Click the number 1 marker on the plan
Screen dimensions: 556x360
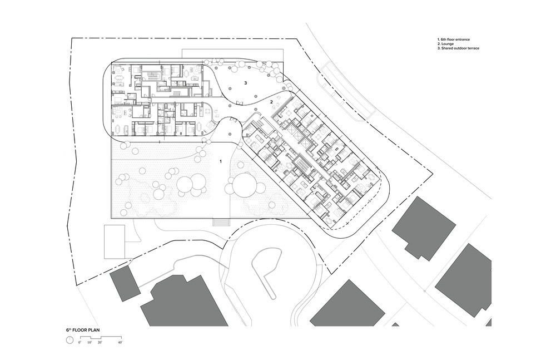click(221, 161)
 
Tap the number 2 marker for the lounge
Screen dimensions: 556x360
click(271, 102)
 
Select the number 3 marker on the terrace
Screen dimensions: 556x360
click(245, 83)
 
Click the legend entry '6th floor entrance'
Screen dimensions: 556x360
click(454, 40)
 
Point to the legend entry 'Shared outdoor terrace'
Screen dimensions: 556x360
click(458, 48)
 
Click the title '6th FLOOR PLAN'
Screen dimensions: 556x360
click(83, 330)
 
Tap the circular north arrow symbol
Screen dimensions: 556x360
click(69, 340)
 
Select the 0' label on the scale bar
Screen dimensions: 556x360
click(80, 342)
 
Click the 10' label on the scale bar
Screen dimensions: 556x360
click(90, 342)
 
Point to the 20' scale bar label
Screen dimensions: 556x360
click(100, 342)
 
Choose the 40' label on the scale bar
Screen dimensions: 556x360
click(120, 342)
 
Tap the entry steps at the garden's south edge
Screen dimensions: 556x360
click(221, 222)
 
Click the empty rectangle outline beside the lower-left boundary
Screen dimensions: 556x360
click(114, 241)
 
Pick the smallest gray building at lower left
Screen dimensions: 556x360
click(125, 284)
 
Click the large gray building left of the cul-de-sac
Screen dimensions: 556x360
click(184, 301)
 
